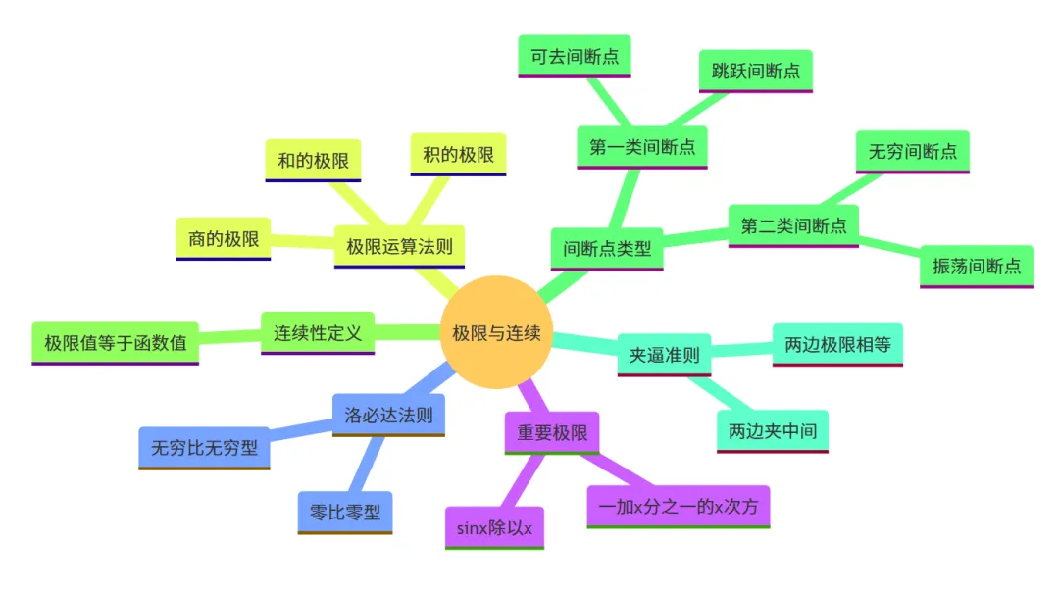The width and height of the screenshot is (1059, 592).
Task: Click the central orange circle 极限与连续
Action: click(x=496, y=333)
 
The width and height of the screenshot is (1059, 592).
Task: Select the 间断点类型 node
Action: click(x=607, y=248)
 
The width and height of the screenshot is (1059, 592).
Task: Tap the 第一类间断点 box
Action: click(x=642, y=147)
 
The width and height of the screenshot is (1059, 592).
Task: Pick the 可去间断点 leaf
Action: click(x=575, y=56)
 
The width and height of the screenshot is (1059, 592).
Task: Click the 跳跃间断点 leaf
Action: click(x=755, y=71)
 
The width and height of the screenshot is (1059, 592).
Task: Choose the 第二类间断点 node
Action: click(x=793, y=225)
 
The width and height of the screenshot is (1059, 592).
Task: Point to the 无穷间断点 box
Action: click(x=912, y=152)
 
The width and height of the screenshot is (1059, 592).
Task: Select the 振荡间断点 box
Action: click(x=976, y=266)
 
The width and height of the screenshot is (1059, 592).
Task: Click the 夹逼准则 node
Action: click(x=664, y=355)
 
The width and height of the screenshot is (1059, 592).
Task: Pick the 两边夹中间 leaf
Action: click(x=773, y=430)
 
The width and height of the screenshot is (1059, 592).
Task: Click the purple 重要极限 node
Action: click(x=552, y=432)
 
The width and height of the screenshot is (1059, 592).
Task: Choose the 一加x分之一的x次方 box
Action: click(x=679, y=507)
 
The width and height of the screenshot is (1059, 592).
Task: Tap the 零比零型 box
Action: click(x=344, y=512)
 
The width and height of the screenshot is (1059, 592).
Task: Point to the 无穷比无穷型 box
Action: click(x=204, y=448)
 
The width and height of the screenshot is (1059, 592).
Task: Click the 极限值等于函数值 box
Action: click(x=115, y=343)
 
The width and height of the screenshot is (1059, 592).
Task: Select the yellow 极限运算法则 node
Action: click(x=399, y=246)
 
